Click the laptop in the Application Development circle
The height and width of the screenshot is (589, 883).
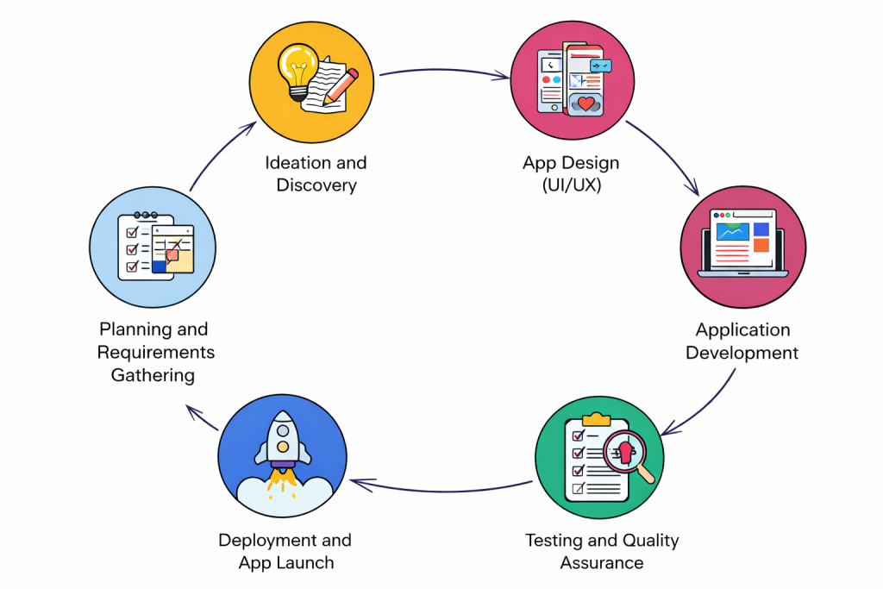[742, 244]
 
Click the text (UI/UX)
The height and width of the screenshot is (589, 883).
[571, 185]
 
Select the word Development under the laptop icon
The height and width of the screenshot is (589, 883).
[742, 352]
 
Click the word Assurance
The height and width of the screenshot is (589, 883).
[602, 563]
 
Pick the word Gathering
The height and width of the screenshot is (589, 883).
[153, 375]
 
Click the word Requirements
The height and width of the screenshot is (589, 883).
[155, 352]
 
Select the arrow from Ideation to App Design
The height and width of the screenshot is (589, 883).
[444, 72]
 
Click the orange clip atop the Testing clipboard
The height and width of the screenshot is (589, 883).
[597, 419]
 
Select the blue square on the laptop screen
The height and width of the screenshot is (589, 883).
[760, 229]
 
